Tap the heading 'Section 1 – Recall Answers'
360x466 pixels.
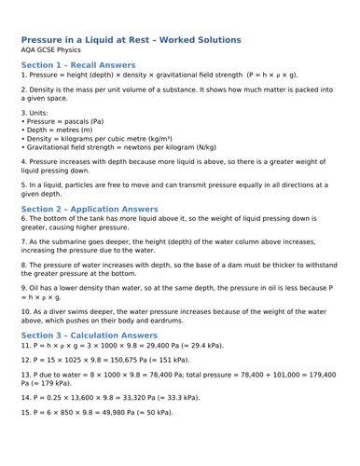pos(77,65)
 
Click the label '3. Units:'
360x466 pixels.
pos(34,112)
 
